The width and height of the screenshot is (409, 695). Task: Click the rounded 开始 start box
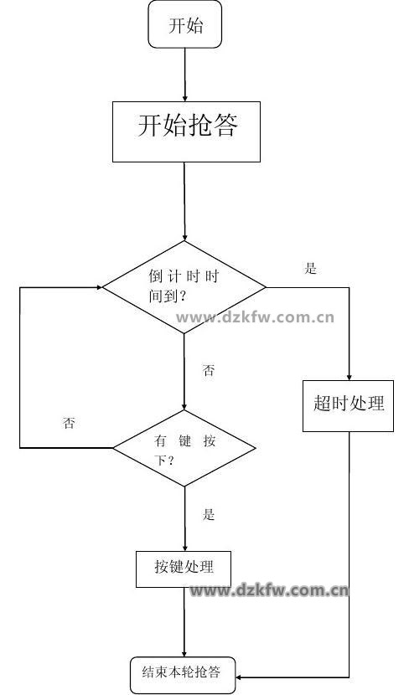[x=185, y=24]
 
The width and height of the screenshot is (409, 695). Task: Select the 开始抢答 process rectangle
[x=186, y=131]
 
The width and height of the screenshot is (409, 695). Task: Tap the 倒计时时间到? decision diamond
[x=184, y=287]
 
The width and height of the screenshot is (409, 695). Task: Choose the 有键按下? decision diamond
[x=184, y=448]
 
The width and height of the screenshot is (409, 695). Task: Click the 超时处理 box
[x=348, y=405]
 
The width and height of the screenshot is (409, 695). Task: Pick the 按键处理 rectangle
[x=184, y=569]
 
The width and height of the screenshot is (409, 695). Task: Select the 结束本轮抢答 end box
[x=183, y=675]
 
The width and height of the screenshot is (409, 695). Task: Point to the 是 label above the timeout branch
[x=310, y=268]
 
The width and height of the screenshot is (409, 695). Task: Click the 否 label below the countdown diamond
[x=209, y=370]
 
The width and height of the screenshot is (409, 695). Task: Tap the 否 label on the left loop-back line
[x=69, y=423]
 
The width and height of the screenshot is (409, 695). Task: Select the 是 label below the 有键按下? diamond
[x=209, y=514]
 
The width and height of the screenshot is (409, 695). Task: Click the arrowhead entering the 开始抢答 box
[x=185, y=98]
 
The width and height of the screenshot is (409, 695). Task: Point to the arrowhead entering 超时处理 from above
[x=349, y=376]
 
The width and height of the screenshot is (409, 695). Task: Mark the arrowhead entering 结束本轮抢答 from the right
[x=240, y=677]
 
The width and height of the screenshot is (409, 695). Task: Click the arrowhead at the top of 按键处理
[x=184, y=548]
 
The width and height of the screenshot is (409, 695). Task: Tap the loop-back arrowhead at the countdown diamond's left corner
[x=99, y=287]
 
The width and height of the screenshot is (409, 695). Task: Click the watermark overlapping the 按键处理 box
[x=269, y=590]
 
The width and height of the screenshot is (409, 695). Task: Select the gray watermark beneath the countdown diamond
[x=255, y=317]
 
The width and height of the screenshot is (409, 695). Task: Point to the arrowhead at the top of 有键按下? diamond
[x=184, y=405]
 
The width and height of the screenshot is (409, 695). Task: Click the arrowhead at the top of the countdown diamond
[x=184, y=237]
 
